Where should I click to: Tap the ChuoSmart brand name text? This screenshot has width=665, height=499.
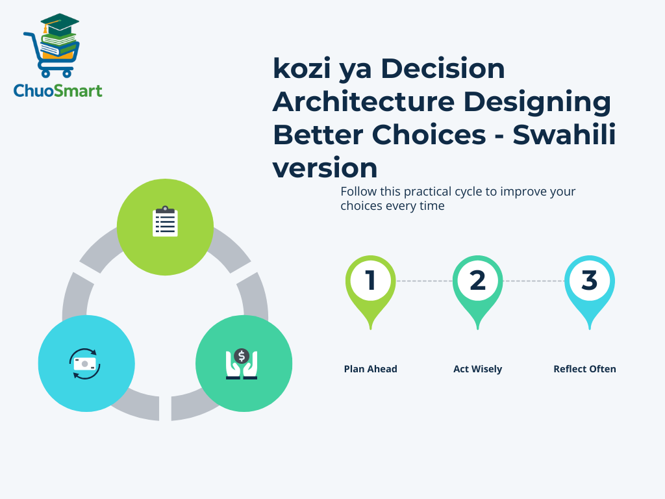[x=58, y=90]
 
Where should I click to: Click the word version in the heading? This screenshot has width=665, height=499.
[x=325, y=168]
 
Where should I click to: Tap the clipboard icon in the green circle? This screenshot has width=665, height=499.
[x=165, y=222]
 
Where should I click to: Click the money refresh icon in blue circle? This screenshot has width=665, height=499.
[x=85, y=363]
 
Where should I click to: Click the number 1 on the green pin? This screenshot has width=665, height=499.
[x=370, y=280]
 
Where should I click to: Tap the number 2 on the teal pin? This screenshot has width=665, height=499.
[x=477, y=280]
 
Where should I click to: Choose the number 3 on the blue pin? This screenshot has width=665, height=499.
[x=588, y=280]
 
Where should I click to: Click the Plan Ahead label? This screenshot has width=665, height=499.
[x=370, y=369]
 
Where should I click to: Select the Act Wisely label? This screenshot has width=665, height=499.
[x=477, y=369]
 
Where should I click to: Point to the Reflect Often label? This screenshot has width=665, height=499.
[x=584, y=369]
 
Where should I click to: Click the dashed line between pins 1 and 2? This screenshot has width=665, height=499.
[x=423, y=281]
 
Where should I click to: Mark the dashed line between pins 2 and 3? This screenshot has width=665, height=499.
[x=533, y=281]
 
